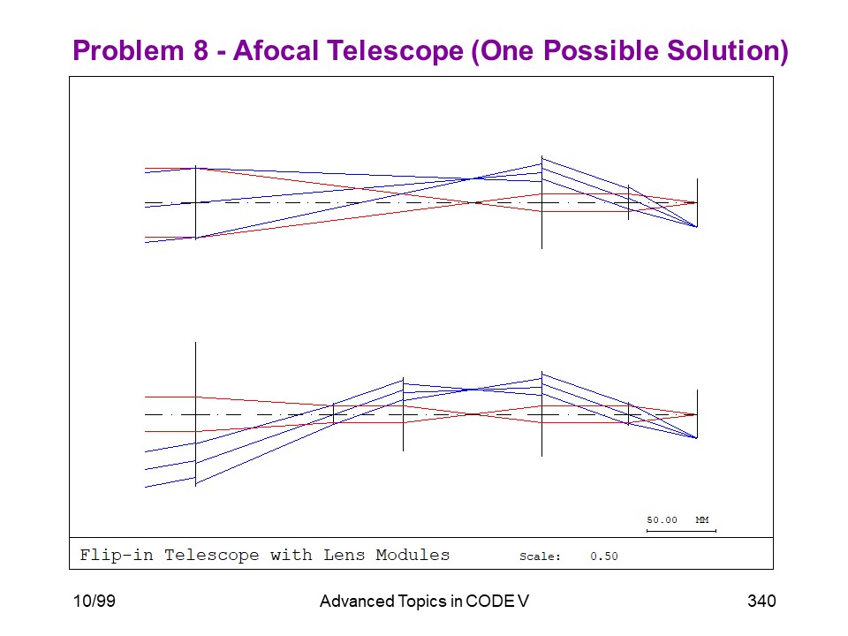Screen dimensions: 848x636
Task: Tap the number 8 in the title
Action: point(201,50)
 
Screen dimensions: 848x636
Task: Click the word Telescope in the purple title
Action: point(396,51)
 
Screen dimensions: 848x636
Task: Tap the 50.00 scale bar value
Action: point(662,519)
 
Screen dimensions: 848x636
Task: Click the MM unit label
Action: point(702,519)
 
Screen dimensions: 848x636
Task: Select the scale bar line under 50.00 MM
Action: point(681,531)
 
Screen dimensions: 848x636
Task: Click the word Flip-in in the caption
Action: point(117,555)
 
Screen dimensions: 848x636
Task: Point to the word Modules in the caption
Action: point(413,555)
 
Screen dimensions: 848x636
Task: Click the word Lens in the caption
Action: point(344,555)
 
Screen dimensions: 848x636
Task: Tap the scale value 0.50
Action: point(604,556)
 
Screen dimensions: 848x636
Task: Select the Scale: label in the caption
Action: point(540,556)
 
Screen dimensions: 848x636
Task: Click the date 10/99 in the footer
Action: point(95,601)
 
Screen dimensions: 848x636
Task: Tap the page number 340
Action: point(761,601)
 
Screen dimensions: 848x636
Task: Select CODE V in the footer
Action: point(497,601)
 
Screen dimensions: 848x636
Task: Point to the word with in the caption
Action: point(291,555)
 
